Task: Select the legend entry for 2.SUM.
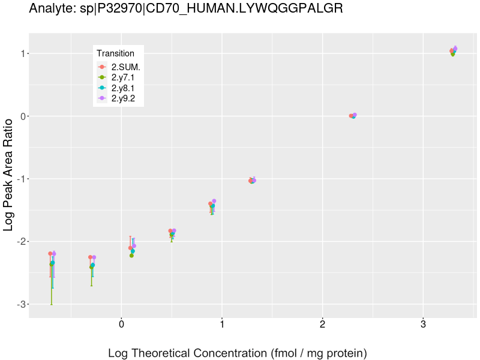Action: [125, 67]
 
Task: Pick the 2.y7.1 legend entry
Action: [123, 77]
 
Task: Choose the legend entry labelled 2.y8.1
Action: [123, 88]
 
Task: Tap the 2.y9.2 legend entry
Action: [123, 98]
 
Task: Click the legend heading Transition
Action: [115, 53]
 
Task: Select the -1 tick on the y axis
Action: [20, 179]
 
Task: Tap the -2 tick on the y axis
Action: [20, 242]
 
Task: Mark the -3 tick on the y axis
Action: [20, 304]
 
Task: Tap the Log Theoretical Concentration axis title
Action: [237, 352]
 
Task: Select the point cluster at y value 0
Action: [353, 116]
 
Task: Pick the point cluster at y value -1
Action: [252, 181]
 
